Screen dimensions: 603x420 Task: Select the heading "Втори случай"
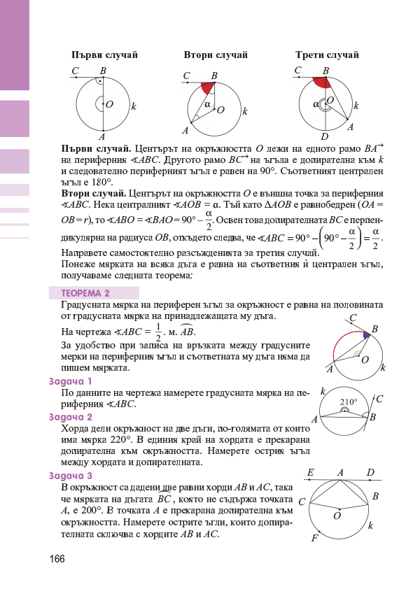[211, 55]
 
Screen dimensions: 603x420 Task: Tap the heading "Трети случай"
[326, 55]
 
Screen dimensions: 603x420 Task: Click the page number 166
[57, 560]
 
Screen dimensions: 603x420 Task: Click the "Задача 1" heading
[71, 381]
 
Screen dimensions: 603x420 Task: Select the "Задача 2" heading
[71, 417]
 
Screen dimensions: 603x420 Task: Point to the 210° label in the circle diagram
[349, 402]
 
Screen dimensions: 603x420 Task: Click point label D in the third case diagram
[324, 136]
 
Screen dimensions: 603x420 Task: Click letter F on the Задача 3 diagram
[314, 539]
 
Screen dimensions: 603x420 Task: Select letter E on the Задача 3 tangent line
[310, 472]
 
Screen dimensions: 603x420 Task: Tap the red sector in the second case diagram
[207, 88]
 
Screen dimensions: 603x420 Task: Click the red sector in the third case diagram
[321, 83]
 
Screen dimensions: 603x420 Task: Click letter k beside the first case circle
[133, 106]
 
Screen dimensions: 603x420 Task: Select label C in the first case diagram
[75, 70]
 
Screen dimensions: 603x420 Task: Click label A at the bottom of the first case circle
[102, 136]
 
